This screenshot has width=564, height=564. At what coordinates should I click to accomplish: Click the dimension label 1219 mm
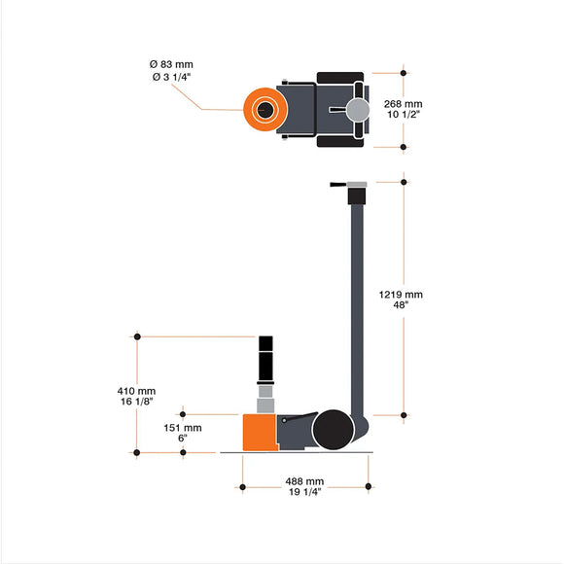click(401, 294)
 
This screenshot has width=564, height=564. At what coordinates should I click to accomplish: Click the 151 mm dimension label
click(183, 427)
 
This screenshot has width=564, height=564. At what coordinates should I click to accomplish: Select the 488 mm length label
click(304, 481)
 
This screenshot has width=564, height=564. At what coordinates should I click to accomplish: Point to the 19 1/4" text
click(304, 493)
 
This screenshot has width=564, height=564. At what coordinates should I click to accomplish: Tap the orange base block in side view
click(259, 433)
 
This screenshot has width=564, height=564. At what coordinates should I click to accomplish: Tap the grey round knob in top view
click(359, 109)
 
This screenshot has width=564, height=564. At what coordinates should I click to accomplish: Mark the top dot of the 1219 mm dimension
click(404, 180)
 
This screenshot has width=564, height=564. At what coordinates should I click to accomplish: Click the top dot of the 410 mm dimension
click(137, 336)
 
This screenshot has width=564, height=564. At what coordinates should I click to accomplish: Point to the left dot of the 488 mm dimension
click(241, 486)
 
